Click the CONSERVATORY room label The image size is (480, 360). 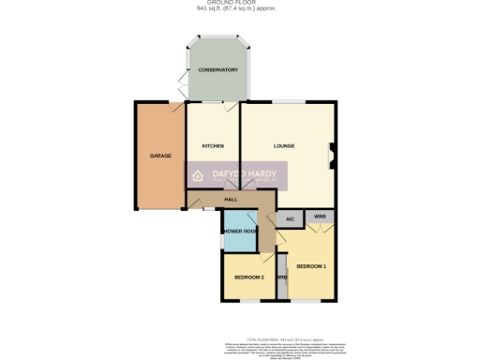click(217, 70)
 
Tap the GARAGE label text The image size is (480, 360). click(160, 155)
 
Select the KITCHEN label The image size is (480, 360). click(213, 146)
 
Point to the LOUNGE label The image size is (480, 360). click(284, 146)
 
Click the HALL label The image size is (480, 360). click(231, 199)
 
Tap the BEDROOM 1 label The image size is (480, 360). click(310, 267)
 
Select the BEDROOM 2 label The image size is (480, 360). click(247, 277)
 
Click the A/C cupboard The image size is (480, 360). click(290, 219)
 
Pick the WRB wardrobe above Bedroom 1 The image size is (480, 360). click(320, 217)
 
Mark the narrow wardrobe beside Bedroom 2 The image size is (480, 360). click(280, 278)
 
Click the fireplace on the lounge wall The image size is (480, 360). click(331, 156)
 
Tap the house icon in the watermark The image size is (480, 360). click(199, 174)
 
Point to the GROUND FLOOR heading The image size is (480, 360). click(240, 4)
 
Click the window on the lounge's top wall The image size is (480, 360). click(287, 102)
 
